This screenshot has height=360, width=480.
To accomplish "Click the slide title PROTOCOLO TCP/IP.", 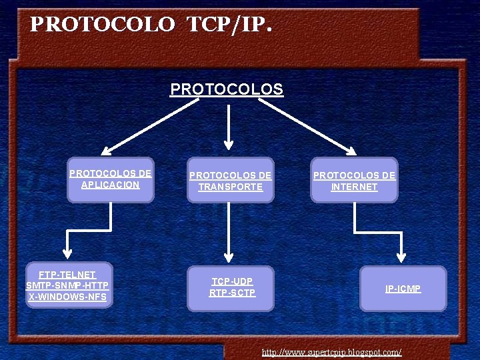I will pyautogui.click(x=151, y=25).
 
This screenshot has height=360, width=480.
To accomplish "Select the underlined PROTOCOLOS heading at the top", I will pyautogui.click(x=227, y=89).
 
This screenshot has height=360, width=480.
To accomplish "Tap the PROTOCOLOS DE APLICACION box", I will pyautogui.click(x=111, y=179).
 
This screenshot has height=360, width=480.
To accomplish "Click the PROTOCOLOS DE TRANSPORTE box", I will pyautogui.click(x=230, y=181).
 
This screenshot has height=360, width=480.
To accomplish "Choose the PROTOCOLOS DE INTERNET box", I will pyautogui.click(x=354, y=181).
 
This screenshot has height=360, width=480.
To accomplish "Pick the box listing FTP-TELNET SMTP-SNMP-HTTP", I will pyautogui.click(x=67, y=285).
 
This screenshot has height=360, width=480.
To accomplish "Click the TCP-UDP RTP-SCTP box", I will pyautogui.click(x=231, y=287).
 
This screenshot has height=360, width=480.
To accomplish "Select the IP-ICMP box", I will pyautogui.click(x=403, y=289).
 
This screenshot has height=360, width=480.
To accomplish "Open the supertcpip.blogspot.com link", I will pyautogui.click(x=331, y=351).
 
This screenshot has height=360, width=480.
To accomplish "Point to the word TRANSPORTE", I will pyautogui.click(x=230, y=187).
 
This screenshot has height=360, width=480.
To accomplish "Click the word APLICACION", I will pyautogui.click(x=111, y=185).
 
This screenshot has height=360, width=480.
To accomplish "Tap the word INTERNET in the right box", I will pyautogui.click(x=354, y=187).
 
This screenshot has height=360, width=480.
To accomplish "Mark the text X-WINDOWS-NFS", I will pyautogui.click(x=67, y=297).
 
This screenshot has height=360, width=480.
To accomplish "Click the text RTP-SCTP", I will pyautogui.click(x=232, y=293).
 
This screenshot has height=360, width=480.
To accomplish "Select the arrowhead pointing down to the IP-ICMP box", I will pyautogui.click(x=401, y=257).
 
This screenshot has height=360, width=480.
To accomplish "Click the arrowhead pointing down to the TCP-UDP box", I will pyautogui.click(x=229, y=257).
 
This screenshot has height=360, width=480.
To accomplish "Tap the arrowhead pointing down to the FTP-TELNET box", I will pyautogui.click(x=67, y=253).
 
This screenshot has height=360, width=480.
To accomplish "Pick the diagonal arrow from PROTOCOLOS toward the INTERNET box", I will pyautogui.click(x=313, y=127).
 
